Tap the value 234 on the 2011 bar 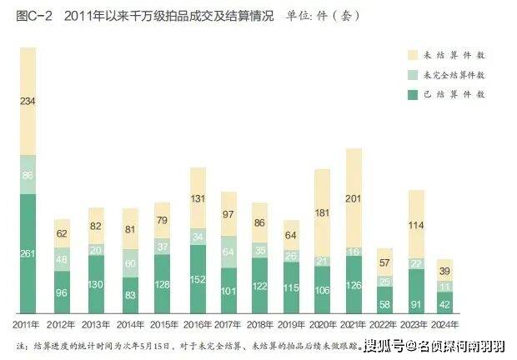point(28,102)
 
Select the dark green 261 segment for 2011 point(28,253)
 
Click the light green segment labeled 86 point(28,175)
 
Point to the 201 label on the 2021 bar point(353,197)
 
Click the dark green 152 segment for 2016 point(198,279)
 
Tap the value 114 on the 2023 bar point(417,226)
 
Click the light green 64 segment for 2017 point(228,252)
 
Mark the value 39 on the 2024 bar point(445,271)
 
